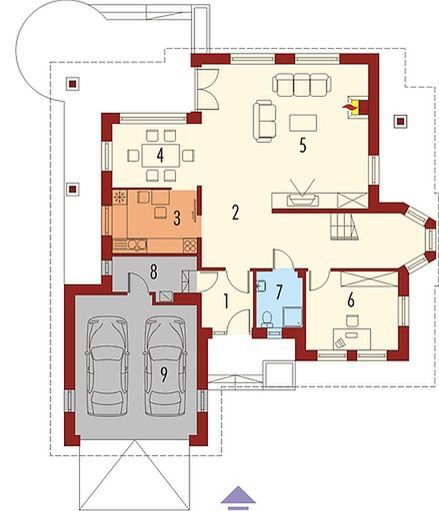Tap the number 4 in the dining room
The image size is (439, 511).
click(147, 156)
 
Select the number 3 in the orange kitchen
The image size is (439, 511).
click(176, 217)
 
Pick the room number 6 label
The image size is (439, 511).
click(350, 297)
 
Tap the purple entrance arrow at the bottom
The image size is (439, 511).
click(237, 492)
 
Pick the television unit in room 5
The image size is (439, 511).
click(303, 198)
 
